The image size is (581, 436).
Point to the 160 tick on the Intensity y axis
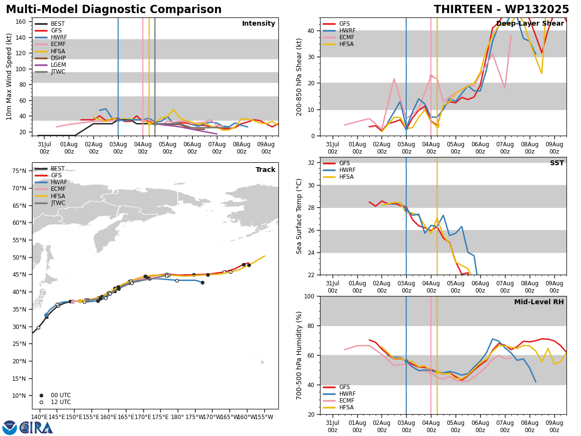tap(20, 22)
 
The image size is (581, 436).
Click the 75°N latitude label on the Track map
tap(19, 171)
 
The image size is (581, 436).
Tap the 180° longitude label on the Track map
tap(177, 417)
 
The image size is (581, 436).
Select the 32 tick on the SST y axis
tap(311, 163)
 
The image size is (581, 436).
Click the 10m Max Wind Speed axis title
tap(9, 77)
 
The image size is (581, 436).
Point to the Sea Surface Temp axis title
tap(299, 217)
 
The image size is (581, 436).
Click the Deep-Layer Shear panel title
tap(530, 24)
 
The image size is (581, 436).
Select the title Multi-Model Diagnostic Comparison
tap(114, 10)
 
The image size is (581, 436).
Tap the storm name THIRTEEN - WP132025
tap(501, 10)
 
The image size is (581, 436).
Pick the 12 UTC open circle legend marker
tap(41, 403)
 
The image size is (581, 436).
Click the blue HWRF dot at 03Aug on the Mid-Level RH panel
tap(406, 361)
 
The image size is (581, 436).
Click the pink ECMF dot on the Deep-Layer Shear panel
tap(431, 77)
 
